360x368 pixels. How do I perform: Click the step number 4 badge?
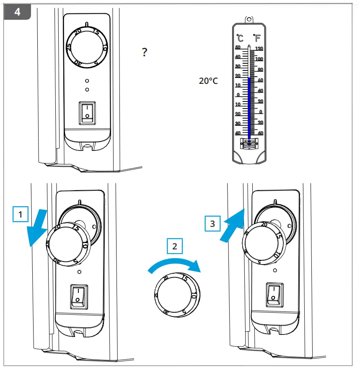pos(17,11)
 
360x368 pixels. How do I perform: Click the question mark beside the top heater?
pos(144,52)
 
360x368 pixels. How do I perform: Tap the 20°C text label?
pos(208,81)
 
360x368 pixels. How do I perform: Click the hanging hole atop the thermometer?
pos(249,19)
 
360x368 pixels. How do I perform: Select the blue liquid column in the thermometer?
pos(249,107)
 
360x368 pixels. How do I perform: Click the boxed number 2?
pos(174,246)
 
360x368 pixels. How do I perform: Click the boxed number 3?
pos(212,223)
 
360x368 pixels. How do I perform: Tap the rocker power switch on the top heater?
pos(87,112)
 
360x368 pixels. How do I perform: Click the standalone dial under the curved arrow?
pos(176,296)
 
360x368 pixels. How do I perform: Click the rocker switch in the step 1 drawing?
pos(78,295)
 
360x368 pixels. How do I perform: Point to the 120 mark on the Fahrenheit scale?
pos(259,48)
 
